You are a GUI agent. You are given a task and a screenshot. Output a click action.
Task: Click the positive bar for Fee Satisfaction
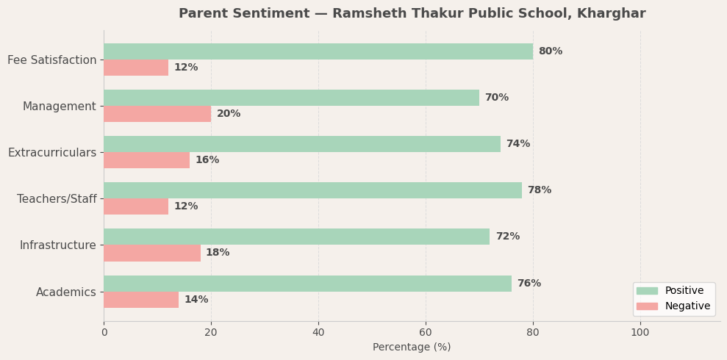click(318, 51)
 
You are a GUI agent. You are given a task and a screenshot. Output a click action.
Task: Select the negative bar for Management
click(157, 114)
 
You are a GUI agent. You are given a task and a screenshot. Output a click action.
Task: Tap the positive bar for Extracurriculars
click(301, 144)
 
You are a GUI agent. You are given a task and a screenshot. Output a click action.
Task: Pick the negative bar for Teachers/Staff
click(136, 206)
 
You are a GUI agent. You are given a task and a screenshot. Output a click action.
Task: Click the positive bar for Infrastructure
click(296, 237)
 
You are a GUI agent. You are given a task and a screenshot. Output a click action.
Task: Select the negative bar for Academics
click(141, 300)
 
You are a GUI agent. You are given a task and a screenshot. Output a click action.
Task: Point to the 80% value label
click(550, 51)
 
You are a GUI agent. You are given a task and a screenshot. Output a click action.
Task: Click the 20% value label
click(229, 114)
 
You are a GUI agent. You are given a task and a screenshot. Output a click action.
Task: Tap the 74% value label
click(518, 144)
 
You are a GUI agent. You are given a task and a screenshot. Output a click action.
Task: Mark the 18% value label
click(218, 253)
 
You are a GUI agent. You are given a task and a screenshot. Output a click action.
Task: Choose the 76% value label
click(529, 284)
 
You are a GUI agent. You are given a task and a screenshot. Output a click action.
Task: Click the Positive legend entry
click(684, 291)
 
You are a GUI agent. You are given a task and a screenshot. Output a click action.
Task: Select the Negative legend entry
click(687, 306)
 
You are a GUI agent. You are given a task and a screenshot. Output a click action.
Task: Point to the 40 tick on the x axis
click(318, 333)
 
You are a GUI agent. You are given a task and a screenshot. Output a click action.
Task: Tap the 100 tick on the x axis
click(640, 333)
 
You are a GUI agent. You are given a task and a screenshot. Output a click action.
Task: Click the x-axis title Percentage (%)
click(412, 348)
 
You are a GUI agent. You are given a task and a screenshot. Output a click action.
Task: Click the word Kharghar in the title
click(612, 14)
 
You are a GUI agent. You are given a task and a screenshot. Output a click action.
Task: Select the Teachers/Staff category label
click(57, 199)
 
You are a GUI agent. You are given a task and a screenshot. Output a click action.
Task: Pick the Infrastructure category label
click(57, 245)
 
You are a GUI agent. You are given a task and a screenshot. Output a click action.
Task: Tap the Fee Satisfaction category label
click(52, 60)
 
